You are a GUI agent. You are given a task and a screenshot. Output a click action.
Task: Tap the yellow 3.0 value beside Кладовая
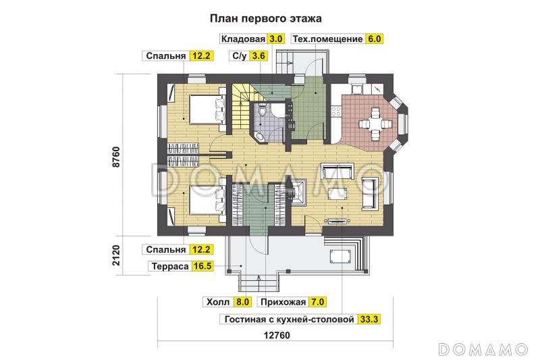pyautogui.click(x=276, y=39)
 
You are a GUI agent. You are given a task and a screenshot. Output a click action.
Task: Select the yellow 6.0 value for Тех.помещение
pyautogui.click(x=374, y=39)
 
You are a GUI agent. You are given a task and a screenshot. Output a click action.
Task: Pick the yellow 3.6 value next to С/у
pyautogui.click(x=257, y=57)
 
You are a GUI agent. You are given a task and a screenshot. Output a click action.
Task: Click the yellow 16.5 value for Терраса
pyautogui.click(x=202, y=266)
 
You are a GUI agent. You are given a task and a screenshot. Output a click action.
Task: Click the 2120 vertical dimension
pyautogui.click(x=115, y=257)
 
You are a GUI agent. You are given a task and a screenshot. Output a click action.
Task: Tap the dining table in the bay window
pyautogui.click(x=373, y=124)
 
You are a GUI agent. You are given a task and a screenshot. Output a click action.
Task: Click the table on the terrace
pyautogui.click(x=340, y=255)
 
